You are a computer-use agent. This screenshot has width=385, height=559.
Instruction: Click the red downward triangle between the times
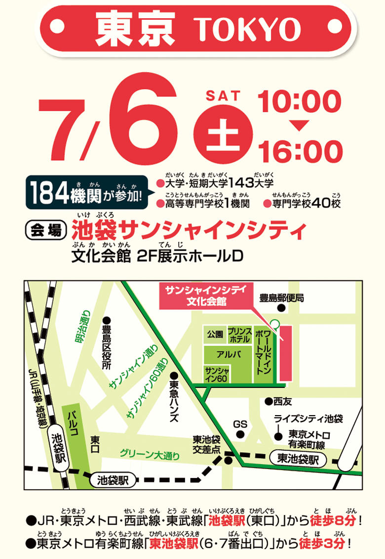click(299, 126)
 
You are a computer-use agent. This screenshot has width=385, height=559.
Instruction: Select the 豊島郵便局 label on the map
click(281, 298)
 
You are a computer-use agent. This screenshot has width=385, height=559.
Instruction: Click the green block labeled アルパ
click(228, 354)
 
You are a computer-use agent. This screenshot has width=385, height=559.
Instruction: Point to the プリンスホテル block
click(240, 336)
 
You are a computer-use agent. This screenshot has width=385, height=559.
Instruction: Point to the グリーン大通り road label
click(150, 455)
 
